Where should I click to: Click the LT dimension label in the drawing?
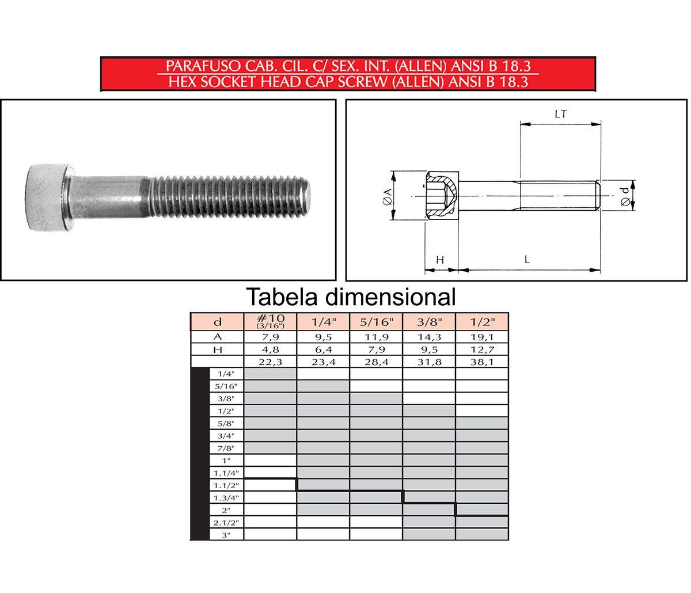point(560,114)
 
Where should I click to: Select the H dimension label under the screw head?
point(440,260)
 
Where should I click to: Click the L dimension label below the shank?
point(527,260)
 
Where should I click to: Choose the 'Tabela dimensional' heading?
point(351,297)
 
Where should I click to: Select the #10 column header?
point(270,321)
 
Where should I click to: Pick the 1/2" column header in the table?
point(482,322)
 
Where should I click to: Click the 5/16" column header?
point(376,322)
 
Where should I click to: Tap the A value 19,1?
point(482,337)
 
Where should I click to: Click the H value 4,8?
point(270,350)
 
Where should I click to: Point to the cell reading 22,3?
point(270,362)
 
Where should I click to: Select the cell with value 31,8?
point(429,362)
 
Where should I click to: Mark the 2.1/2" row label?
point(226,523)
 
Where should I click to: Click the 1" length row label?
point(226,461)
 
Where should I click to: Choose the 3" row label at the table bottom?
point(226,535)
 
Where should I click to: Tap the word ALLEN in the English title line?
point(419,82)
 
